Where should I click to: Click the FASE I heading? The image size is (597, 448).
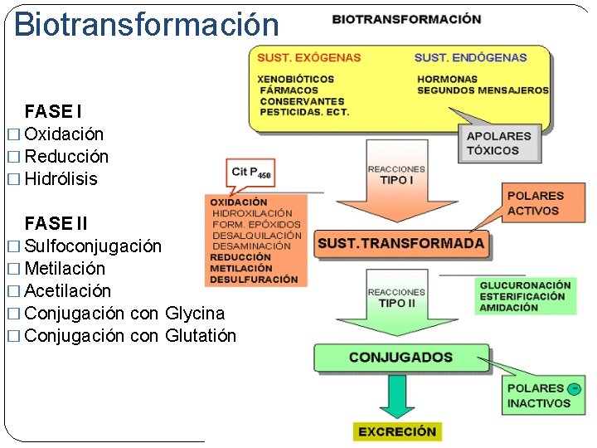(53, 111)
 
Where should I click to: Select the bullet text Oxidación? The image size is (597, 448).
(64, 134)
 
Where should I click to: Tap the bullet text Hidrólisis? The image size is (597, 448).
(61, 178)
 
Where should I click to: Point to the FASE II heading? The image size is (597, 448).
(56, 223)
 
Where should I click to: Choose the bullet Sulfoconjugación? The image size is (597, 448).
(93, 246)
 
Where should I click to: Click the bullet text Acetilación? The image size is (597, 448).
(67, 290)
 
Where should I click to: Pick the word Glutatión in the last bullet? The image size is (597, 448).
(201, 335)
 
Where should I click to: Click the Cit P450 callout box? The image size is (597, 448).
(251, 173)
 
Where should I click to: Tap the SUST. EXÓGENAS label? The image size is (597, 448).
(308, 57)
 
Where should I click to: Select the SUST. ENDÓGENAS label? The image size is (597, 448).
(470, 57)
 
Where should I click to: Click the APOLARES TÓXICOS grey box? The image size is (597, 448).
(498, 144)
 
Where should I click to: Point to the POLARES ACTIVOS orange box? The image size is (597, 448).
(535, 203)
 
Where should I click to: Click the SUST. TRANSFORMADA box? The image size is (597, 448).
(401, 244)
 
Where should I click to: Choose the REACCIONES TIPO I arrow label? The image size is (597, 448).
(396, 174)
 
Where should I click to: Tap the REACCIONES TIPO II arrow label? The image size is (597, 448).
(396, 298)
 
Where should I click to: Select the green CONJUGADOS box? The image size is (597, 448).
(400, 358)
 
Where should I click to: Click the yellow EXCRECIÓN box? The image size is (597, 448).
(397, 431)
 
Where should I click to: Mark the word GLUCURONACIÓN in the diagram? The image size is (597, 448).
(525, 285)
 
